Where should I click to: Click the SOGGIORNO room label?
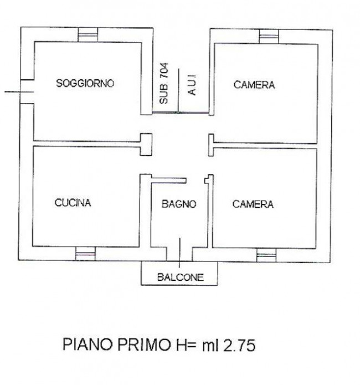(x=85, y=83)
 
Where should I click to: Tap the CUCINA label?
(x=73, y=203)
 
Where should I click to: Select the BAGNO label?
(x=179, y=204)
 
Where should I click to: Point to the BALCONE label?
(x=181, y=277)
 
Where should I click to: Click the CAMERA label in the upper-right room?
(x=254, y=85)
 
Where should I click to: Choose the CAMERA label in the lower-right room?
(x=253, y=204)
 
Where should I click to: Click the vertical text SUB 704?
(x=164, y=83)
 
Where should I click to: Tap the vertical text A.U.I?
(x=192, y=85)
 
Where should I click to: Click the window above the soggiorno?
(x=88, y=34)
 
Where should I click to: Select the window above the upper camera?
(x=269, y=37)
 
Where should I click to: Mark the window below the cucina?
(x=85, y=253)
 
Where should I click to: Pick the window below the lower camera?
(x=266, y=255)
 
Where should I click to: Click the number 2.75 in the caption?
(x=239, y=345)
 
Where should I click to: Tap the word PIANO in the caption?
(x=89, y=344)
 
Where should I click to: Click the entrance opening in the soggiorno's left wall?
(x=27, y=92)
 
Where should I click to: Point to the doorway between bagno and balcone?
(x=179, y=254)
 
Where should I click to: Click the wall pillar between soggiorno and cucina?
(x=146, y=145)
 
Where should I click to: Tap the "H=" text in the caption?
(x=186, y=345)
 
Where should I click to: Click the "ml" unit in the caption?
(x=210, y=345)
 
